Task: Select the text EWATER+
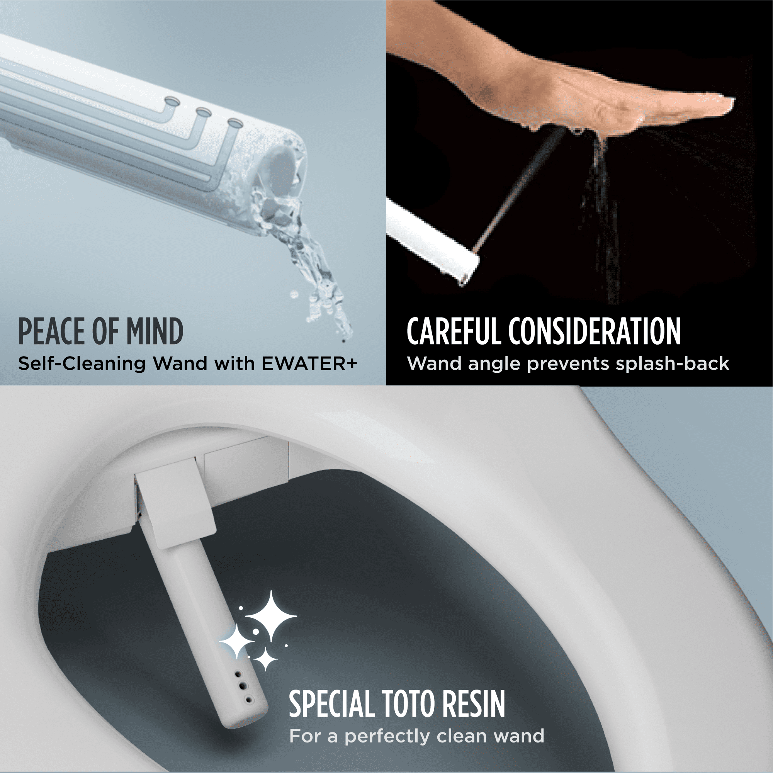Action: [309, 363]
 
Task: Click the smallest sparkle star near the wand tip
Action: [265, 659]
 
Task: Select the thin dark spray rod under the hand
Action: [520, 188]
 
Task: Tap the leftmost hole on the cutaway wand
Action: [172, 100]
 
